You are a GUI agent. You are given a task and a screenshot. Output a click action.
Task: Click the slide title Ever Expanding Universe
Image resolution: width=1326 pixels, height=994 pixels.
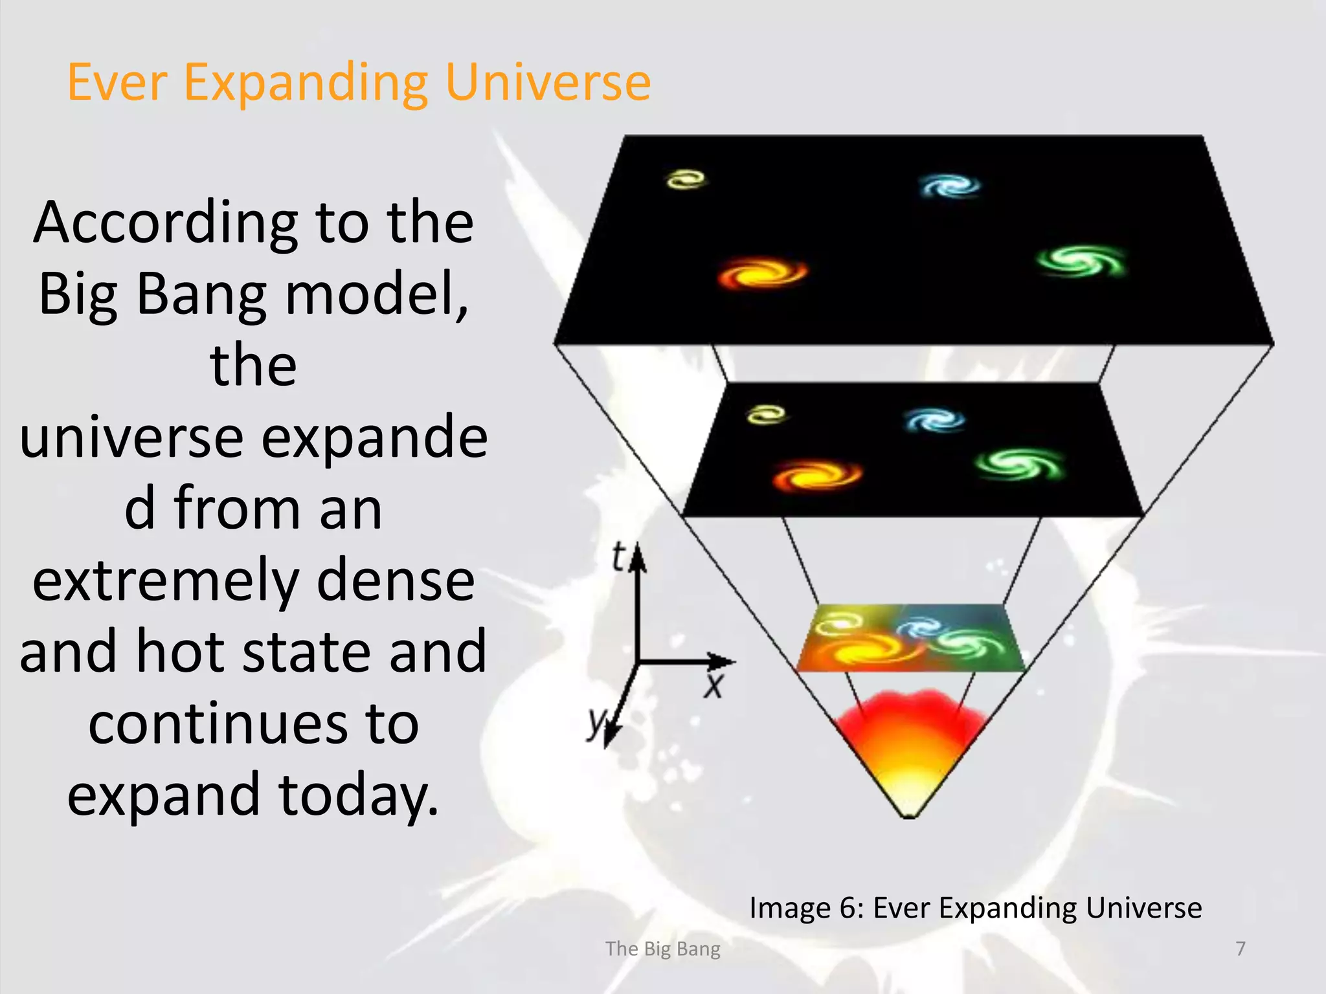pos(359,83)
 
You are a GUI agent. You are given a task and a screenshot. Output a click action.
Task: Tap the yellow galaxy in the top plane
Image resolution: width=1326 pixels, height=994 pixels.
pos(686,179)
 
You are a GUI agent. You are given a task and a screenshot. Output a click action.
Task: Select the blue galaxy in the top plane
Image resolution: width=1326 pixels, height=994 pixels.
pos(950,186)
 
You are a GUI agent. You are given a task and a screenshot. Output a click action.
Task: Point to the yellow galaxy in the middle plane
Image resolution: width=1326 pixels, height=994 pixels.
pos(767,414)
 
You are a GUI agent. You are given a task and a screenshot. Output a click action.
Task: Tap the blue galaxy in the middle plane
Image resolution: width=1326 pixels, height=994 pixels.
pos(934,420)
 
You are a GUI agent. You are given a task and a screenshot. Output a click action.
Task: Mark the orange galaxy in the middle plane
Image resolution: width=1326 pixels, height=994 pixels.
pos(817,476)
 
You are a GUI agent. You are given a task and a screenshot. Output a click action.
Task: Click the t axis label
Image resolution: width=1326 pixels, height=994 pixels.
pos(619,557)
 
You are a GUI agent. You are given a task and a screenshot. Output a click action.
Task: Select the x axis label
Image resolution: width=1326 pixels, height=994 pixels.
pos(714,685)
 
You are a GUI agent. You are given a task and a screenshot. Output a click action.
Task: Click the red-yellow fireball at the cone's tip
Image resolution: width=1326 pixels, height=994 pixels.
pos(910,751)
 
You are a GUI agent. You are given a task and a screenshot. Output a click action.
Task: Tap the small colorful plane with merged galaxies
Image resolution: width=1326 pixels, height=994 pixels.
pos(910,638)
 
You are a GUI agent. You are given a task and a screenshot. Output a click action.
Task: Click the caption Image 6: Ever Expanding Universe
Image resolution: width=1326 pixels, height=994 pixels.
pos(975,907)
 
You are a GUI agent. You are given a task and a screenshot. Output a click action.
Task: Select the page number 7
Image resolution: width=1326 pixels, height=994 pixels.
pos(1240,948)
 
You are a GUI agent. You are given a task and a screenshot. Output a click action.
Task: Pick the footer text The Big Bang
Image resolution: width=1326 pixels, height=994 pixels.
pos(662,949)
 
